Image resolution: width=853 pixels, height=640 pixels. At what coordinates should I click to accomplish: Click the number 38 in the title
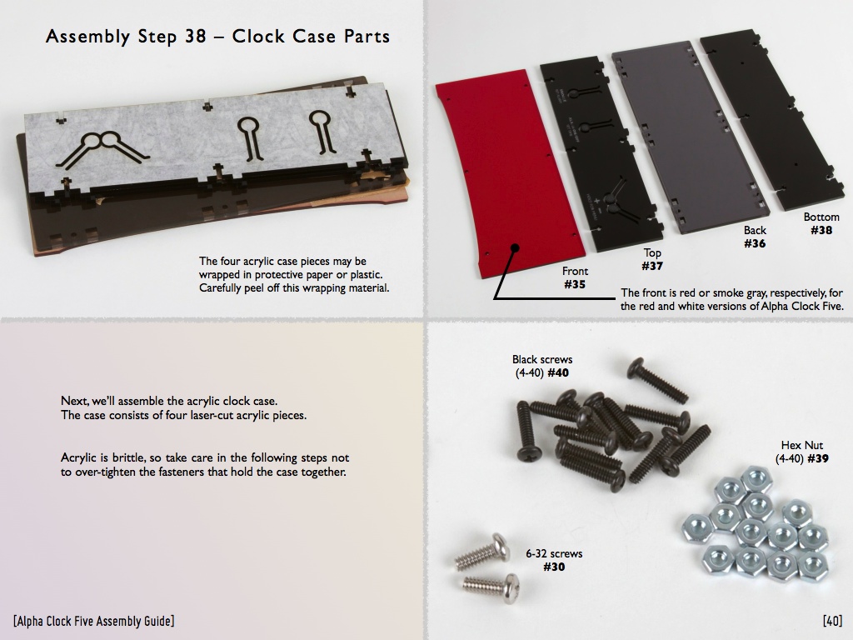195,36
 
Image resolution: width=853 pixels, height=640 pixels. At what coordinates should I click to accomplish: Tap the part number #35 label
575,284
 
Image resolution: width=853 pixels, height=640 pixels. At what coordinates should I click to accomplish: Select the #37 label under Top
651,266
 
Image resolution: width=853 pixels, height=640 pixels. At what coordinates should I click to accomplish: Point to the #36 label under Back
755,243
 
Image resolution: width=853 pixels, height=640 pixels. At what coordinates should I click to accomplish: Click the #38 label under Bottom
821,230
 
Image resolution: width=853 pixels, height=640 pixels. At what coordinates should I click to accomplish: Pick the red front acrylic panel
509,174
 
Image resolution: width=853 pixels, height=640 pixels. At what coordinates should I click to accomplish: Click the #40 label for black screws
557,372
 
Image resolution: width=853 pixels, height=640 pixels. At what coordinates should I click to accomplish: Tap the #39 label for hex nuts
818,459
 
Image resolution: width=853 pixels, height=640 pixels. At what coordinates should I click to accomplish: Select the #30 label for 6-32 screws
554,567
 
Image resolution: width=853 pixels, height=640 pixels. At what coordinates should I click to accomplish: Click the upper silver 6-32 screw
482,552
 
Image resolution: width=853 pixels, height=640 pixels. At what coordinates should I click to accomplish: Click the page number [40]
832,620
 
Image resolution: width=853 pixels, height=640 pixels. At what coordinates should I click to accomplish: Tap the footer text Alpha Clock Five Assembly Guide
95,621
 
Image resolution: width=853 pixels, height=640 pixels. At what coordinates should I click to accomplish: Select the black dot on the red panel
514,248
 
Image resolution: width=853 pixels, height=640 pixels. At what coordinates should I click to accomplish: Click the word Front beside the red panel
575,271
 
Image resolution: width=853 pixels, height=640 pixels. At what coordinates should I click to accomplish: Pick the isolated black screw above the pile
658,380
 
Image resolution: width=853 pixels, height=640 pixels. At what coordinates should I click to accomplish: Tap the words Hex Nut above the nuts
802,445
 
